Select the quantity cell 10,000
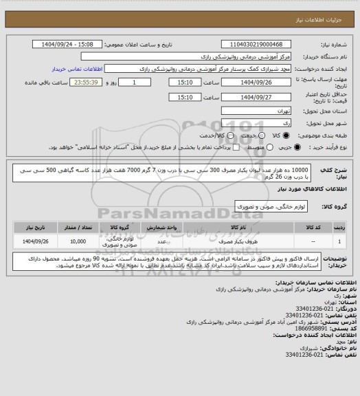coord(78,242)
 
